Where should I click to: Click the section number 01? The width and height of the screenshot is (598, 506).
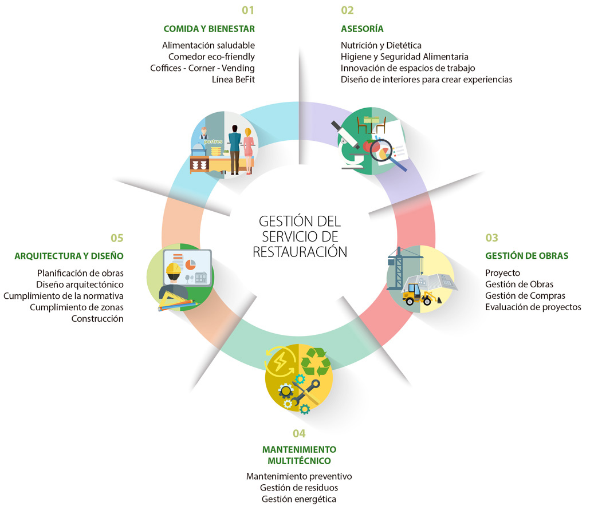(248, 10)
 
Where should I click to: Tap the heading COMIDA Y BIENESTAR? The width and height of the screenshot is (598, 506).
(209, 29)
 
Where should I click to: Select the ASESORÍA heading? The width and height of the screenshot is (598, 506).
(362, 29)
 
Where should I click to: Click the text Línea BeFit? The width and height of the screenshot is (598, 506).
(233, 79)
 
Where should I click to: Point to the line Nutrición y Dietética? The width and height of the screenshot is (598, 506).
(381, 45)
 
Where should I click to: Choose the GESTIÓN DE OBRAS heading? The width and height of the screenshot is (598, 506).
(526, 256)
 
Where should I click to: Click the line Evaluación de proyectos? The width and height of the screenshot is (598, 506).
(533, 307)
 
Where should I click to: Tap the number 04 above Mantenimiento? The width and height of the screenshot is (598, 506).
(299, 433)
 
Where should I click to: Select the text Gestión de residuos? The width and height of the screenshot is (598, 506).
(299, 488)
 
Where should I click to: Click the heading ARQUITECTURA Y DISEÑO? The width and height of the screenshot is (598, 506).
(69, 256)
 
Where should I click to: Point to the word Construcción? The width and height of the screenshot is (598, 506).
(97, 318)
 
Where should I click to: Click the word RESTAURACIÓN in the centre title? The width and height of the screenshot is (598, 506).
(300, 252)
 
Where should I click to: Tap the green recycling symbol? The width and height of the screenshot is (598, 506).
(316, 361)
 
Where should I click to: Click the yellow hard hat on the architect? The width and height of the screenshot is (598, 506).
(174, 268)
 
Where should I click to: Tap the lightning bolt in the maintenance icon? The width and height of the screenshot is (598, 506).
(280, 362)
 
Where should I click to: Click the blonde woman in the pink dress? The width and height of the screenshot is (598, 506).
(248, 151)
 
